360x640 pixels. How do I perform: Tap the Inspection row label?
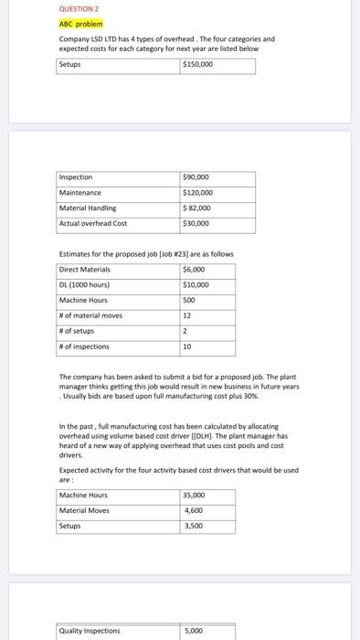pyautogui.click(x=76, y=177)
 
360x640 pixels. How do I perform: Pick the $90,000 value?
pyautogui.click(x=196, y=177)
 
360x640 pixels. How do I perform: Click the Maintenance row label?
pyautogui.click(x=80, y=193)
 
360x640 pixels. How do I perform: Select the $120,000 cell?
pyautogui.click(x=198, y=193)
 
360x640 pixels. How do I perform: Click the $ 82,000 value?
pyautogui.click(x=197, y=208)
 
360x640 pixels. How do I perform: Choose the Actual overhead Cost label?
pyautogui.click(x=93, y=223)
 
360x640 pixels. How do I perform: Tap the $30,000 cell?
pyautogui.click(x=196, y=223)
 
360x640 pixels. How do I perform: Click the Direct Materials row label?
pyautogui.click(x=84, y=270)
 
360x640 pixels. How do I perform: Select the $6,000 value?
pyautogui.click(x=195, y=270)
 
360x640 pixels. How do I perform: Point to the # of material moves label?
pyautogui.click(x=90, y=316)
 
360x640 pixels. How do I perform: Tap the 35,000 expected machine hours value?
pyautogui.click(x=195, y=496)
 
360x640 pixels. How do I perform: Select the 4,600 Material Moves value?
pyautogui.click(x=193, y=511)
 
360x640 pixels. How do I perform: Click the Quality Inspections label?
pyautogui.click(x=90, y=630)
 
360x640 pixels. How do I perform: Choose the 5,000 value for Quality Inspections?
pyautogui.click(x=193, y=630)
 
